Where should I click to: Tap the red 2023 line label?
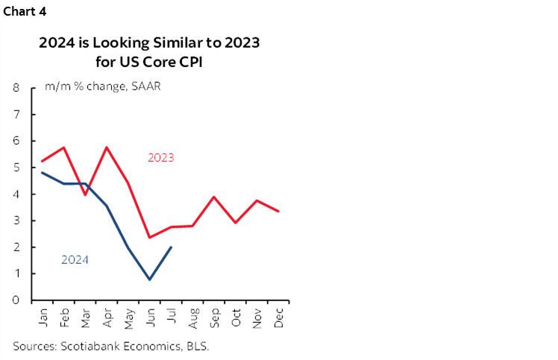point(160,157)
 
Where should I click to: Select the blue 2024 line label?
point(75,259)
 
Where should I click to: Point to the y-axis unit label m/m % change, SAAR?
point(103,86)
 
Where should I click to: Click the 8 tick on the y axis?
point(16,88)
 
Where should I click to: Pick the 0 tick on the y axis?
point(16,300)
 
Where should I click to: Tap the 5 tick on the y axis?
point(16,168)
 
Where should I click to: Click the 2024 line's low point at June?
point(150,280)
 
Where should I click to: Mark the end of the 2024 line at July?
point(172,247)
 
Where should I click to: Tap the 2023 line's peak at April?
point(107,147)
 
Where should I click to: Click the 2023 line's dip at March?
point(85,195)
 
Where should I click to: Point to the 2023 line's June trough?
point(150,238)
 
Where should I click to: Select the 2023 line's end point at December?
point(279,211)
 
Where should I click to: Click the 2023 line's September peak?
point(214,197)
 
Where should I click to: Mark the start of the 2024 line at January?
point(42,173)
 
